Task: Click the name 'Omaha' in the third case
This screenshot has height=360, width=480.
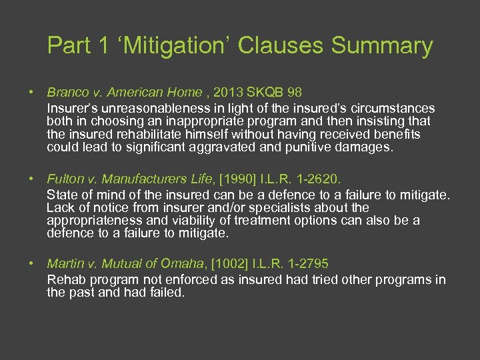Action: (183, 264)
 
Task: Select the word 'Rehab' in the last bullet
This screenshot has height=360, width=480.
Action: (65, 279)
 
